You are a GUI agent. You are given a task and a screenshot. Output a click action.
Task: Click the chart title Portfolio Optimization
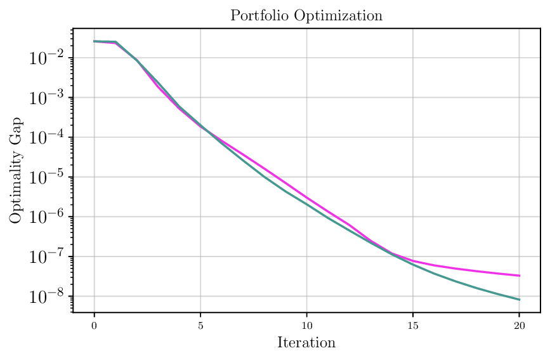coord(306,16)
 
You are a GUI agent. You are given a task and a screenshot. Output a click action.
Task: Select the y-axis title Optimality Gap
coord(16,170)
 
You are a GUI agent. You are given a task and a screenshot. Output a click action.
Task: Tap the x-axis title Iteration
coord(306,343)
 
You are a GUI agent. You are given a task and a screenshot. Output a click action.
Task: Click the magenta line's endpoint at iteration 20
coord(520,276)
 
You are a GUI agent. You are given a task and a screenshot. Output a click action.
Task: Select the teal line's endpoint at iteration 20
coord(520,300)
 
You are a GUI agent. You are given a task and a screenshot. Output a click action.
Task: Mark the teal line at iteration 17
coord(455,281)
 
